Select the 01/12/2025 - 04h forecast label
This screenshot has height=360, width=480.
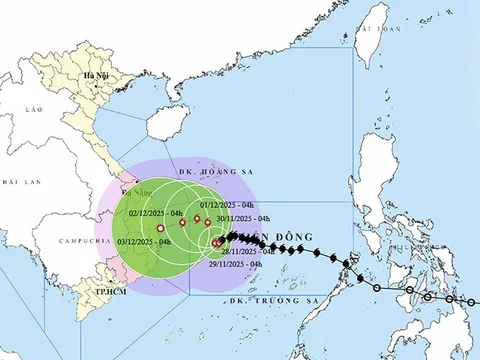tap(225, 205)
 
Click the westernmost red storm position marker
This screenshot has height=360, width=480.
tap(160, 229)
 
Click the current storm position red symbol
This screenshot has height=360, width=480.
tap(218, 242)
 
